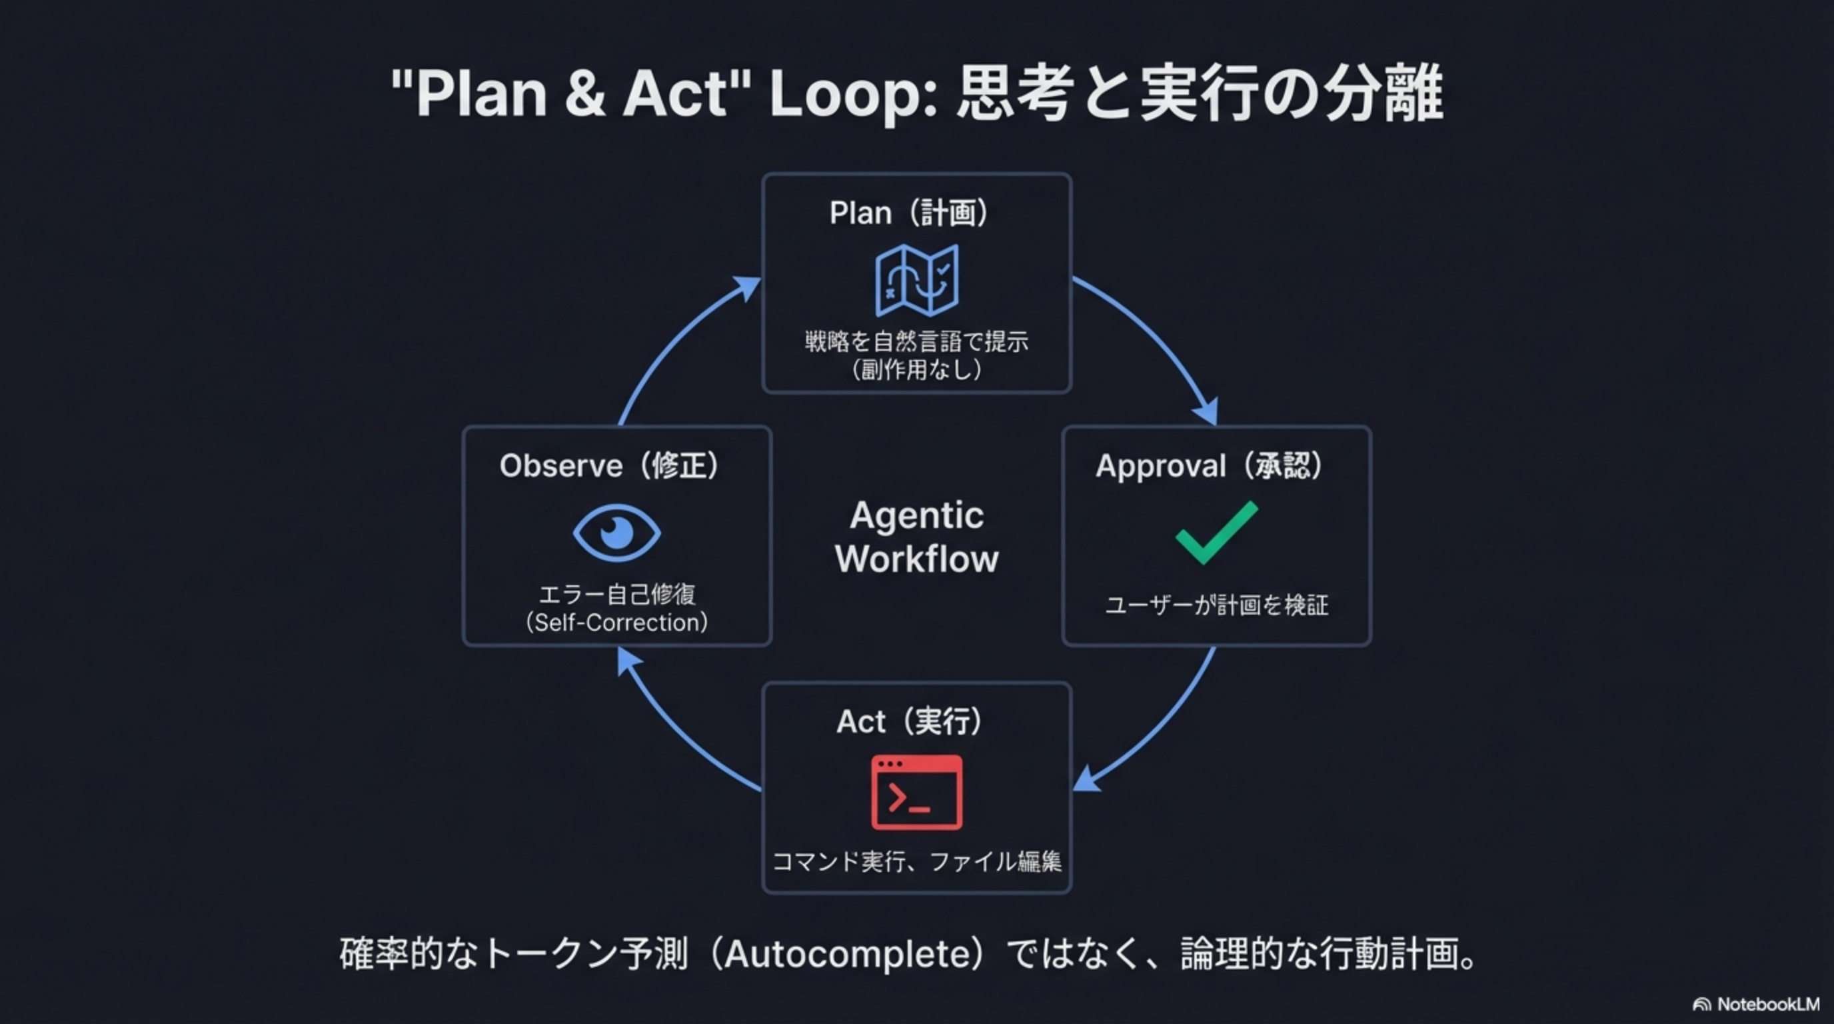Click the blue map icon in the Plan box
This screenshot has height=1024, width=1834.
pos(916,280)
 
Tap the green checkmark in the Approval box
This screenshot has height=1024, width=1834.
pos(1216,532)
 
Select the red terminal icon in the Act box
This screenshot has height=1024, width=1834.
pos(916,792)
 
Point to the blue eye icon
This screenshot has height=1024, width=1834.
pos(616,532)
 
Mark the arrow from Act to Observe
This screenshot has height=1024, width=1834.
pos(676,733)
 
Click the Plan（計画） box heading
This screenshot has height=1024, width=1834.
pos(909,213)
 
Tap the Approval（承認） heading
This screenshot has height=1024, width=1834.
pos(1210,466)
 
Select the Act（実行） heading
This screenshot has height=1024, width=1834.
pos(909,721)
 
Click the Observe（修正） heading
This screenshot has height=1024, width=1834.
pos(609,466)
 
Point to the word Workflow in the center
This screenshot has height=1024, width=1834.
pos(916,559)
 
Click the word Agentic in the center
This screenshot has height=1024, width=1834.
pos(916,515)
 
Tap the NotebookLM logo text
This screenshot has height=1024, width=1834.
pos(1768,1004)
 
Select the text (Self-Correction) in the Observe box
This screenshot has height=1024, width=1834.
pos(616,623)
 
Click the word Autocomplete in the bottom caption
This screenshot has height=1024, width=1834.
pos(851,954)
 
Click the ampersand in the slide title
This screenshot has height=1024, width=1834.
pos(584,94)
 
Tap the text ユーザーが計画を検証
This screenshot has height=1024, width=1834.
pos(1216,605)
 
